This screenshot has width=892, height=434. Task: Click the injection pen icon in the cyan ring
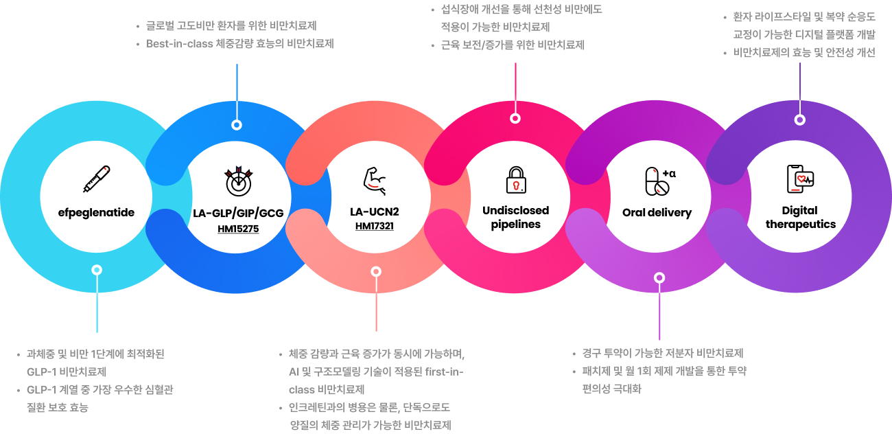point(97,178)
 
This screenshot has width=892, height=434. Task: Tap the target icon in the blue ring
point(238,183)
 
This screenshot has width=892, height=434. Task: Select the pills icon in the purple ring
point(657,181)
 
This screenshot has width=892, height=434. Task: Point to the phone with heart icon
point(799,179)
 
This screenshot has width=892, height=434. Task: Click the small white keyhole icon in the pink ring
point(516,185)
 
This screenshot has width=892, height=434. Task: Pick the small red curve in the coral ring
point(373,185)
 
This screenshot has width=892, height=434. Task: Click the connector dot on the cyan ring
point(97,270)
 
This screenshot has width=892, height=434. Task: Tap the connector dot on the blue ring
point(237,125)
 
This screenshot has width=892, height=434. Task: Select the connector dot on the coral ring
point(376,271)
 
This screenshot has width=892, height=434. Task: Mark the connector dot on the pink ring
point(515,118)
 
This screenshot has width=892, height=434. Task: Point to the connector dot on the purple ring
point(659,278)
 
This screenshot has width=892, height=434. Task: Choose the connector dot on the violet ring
point(799,119)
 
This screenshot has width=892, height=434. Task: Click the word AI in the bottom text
point(294,372)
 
